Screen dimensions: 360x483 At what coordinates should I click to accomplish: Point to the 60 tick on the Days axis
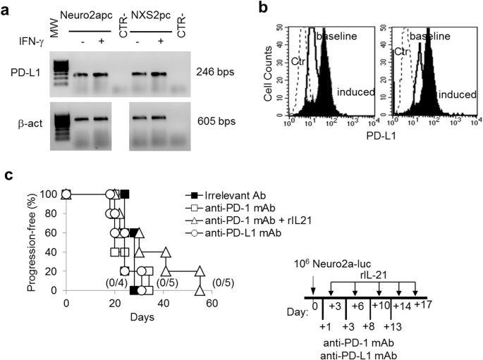tap(211, 304)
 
